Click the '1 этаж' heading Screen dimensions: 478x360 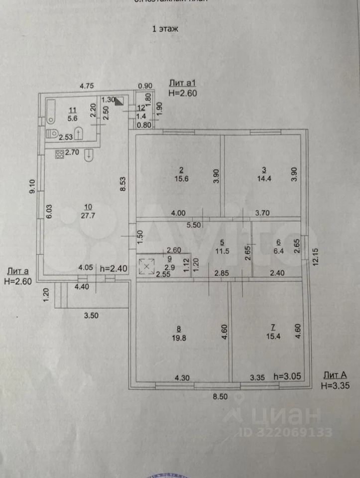165,29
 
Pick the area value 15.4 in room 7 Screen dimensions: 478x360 272,336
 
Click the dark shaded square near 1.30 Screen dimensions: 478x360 120,101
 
